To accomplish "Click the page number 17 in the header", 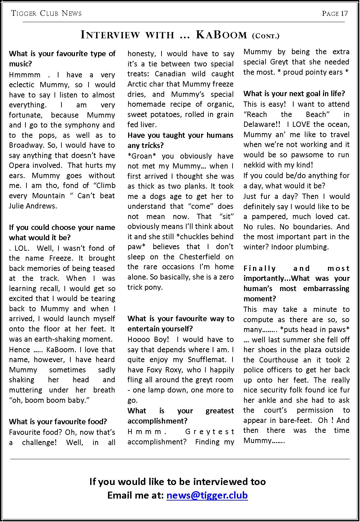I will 344,13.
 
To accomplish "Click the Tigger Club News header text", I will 46,13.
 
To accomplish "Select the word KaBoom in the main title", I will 221,34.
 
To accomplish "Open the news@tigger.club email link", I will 207,495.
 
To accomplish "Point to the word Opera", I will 19,165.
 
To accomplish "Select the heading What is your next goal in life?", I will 294,94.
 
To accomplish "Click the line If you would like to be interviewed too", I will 177,481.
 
